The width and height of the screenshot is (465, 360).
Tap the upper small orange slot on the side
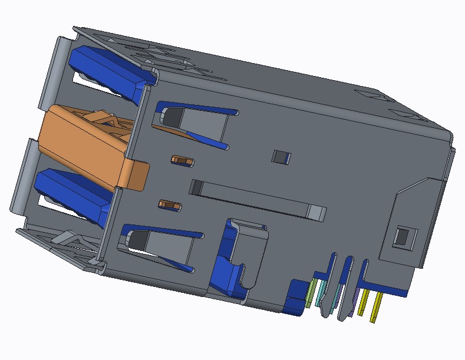tap(182, 160)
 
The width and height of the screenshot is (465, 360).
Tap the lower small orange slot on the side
tap(170, 205)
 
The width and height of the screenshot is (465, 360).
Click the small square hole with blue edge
tap(281, 157)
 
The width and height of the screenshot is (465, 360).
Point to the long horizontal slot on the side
tap(253, 200)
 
